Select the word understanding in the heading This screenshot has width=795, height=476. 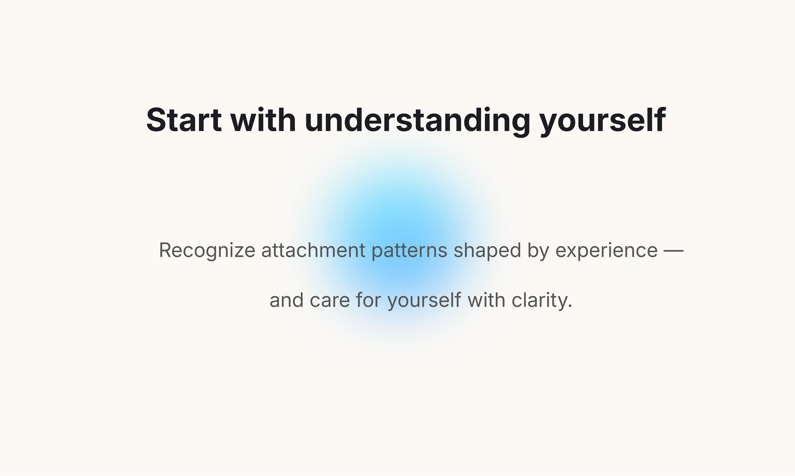coord(417,122)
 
